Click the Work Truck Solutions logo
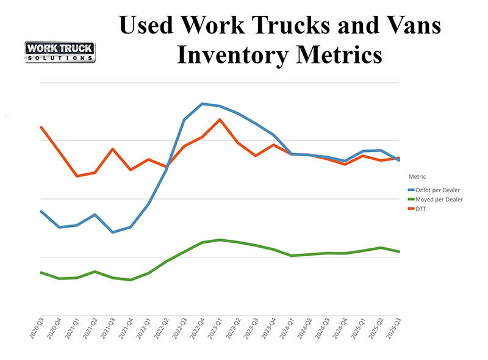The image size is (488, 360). (59, 51)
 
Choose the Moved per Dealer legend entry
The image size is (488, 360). (439, 200)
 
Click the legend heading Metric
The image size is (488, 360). (417, 177)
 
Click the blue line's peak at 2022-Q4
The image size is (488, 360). (202, 104)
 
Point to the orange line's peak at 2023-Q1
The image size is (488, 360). (220, 120)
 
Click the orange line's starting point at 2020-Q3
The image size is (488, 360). (41, 127)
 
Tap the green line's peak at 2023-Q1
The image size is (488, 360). (220, 240)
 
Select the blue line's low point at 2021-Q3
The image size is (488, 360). (112, 232)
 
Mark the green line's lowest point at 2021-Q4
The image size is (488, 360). (131, 280)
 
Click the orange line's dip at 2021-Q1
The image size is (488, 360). (76, 176)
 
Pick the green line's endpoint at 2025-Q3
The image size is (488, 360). (399, 251)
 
